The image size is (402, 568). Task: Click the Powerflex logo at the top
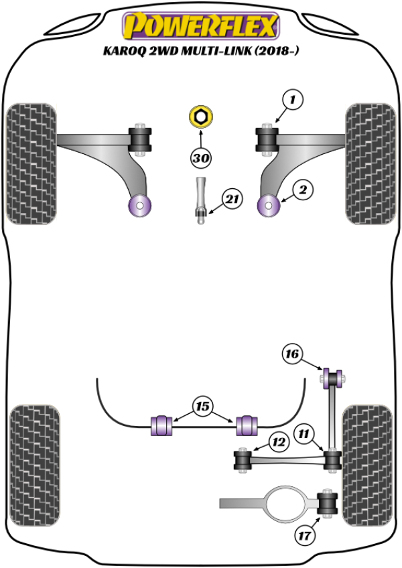(x=199, y=26)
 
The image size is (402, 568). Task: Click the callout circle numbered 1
(x=292, y=100)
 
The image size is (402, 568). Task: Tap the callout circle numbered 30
(x=200, y=159)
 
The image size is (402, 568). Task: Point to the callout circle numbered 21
(x=232, y=199)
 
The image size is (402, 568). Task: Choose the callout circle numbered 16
(x=292, y=354)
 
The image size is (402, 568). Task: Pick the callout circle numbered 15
(x=203, y=405)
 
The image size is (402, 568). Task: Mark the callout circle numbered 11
(x=306, y=434)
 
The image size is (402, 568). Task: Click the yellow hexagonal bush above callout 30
(x=200, y=117)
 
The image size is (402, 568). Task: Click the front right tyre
(x=368, y=162)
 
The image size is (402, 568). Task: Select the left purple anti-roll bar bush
(x=161, y=425)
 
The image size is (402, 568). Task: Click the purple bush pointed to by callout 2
(x=269, y=206)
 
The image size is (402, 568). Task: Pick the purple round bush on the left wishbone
(x=140, y=206)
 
